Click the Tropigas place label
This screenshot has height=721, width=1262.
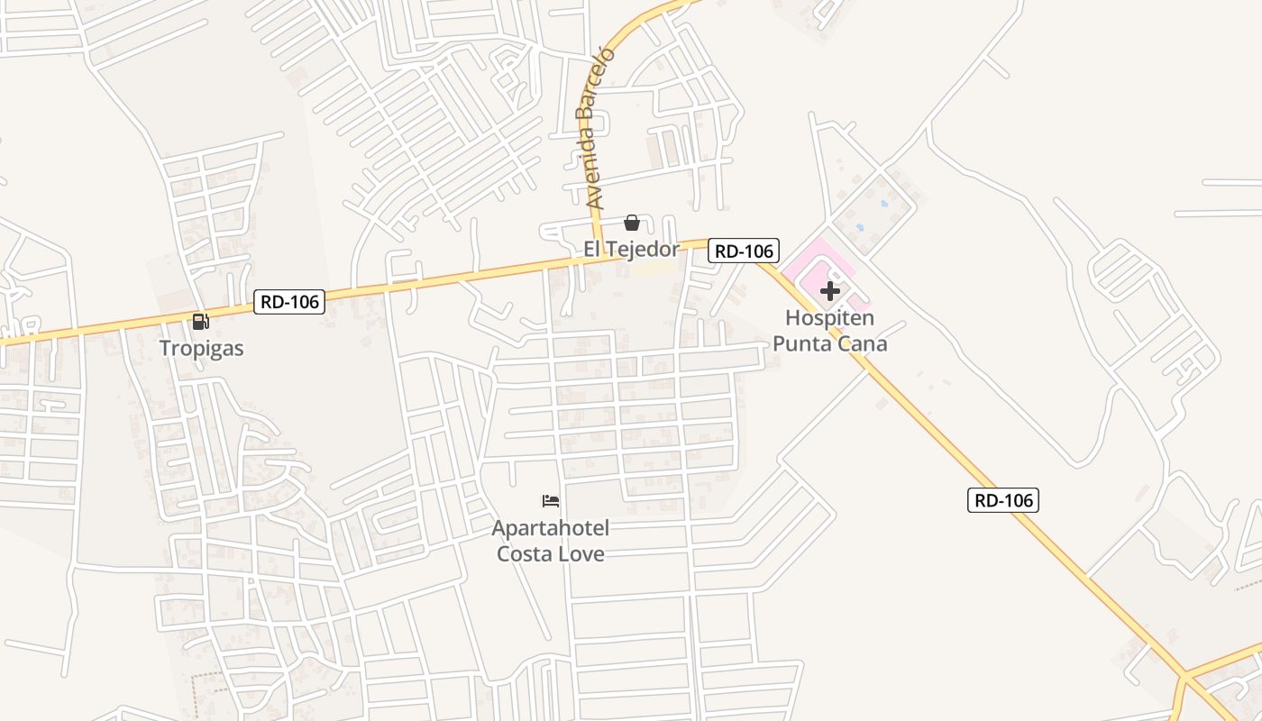[201, 348]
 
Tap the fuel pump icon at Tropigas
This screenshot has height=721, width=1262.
[200, 322]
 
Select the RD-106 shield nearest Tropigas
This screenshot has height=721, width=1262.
[288, 302]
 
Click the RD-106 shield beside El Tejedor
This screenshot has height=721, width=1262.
[743, 251]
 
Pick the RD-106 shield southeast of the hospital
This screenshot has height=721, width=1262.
[1003, 500]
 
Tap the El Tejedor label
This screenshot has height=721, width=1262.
[631, 249]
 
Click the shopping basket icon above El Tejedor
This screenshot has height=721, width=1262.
[632, 223]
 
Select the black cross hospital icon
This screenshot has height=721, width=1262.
[830, 291]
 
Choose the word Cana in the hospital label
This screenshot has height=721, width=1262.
[863, 343]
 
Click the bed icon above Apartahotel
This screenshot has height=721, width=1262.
[551, 500]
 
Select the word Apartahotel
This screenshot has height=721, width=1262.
[551, 527]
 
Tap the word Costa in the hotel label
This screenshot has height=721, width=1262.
[526, 552]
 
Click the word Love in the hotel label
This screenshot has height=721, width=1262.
[582, 552]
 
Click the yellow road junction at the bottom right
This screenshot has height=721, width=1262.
[1184, 676]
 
